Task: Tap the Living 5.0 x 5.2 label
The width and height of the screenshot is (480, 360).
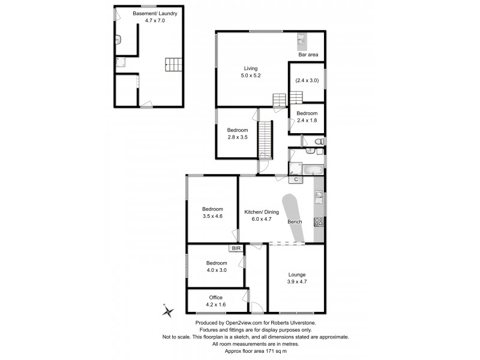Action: pos(250,72)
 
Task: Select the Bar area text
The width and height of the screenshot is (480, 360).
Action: pos(308,55)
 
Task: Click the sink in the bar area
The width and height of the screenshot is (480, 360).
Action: pos(301,40)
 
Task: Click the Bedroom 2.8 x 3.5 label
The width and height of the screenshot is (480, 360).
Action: pos(237,133)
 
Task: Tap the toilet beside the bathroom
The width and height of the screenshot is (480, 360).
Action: pos(320,141)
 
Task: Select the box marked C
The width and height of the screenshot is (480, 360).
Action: pos(296,179)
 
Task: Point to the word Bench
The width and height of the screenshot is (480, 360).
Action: pos(295,222)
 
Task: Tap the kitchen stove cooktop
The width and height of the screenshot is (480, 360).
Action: pos(319,221)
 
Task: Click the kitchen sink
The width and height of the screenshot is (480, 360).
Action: pos(319,195)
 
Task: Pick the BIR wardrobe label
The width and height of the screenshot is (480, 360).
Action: pos(233,248)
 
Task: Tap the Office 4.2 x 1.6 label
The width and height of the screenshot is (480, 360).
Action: pos(216,301)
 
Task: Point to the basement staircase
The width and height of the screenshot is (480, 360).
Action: pos(173,64)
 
